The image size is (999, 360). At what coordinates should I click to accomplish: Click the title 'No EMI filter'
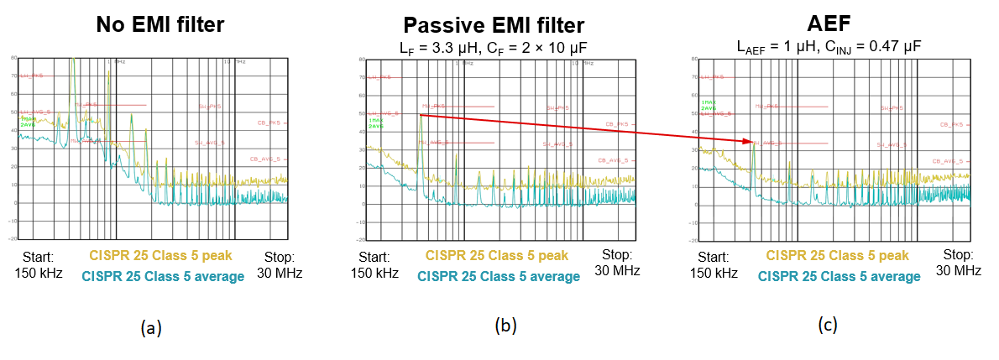(160, 24)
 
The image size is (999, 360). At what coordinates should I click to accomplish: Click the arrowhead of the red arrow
(749, 142)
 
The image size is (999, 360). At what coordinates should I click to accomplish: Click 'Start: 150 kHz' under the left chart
(38, 264)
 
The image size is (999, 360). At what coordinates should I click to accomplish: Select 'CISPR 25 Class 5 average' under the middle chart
(497, 276)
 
